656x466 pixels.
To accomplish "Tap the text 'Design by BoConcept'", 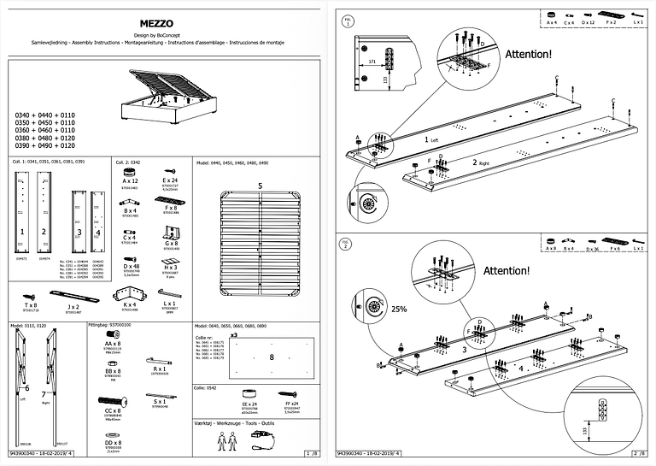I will [x=160, y=32].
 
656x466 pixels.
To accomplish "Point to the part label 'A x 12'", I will [x=130, y=181].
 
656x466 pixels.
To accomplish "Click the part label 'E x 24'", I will [x=169, y=181].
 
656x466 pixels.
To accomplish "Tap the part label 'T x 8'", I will [x=31, y=304].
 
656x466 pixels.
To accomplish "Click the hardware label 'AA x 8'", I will [x=112, y=343].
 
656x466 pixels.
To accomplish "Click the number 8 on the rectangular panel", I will [x=271, y=357].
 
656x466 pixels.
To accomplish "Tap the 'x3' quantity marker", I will [x=233, y=335].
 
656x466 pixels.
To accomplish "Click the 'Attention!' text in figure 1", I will [x=528, y=54].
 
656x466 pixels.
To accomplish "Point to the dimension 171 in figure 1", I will [x=372, y=62].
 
